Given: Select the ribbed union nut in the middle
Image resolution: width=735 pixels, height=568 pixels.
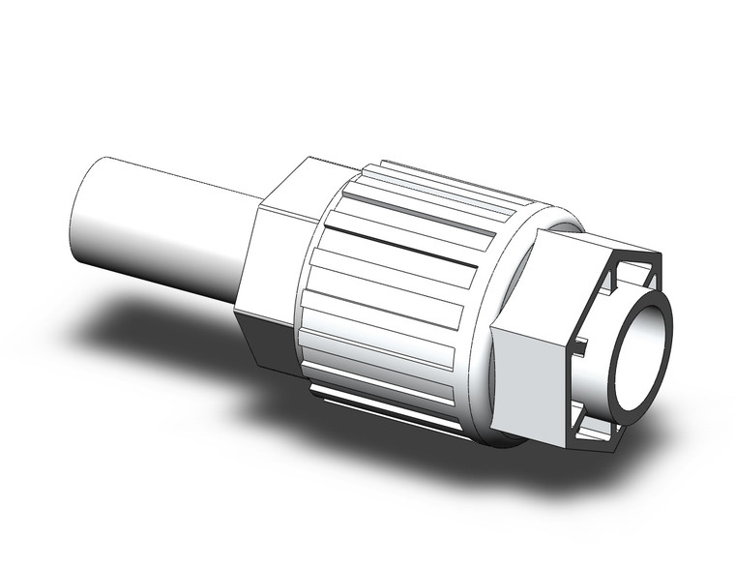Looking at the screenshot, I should coord(406,290).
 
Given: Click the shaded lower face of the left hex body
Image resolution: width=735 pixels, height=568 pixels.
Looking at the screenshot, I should coord(266,339).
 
